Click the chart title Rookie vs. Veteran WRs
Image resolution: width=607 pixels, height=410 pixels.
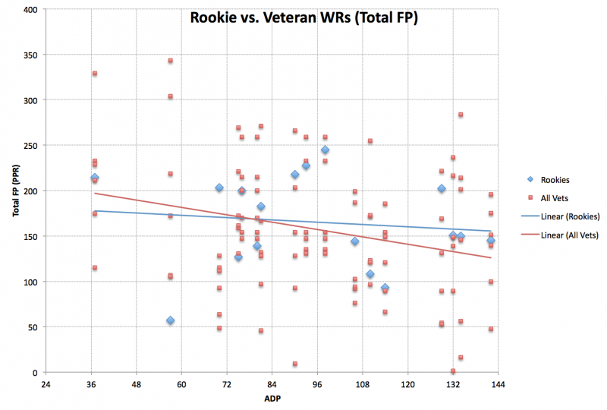click(x=303, y=17)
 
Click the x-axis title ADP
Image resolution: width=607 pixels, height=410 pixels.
click(x=271, y=399)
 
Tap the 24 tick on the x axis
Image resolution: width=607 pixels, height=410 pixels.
click(x=46, y=384)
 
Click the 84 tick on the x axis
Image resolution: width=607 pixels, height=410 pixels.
click(x=272, y=384)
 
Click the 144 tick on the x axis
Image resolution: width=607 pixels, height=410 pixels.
click(x=498, y=384)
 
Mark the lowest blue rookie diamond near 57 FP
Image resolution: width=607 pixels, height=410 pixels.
click(x=171, y=320)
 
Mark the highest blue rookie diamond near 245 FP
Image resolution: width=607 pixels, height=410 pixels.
click(x=325, y=150)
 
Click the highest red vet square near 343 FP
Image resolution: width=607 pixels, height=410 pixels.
click(x=171, y=61)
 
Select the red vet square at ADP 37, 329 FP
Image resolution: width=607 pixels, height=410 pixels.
click(x=95, y=74)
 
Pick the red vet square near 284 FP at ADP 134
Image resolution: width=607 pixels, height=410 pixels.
click(x=461, y=115)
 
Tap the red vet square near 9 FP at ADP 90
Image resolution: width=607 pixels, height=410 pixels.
click(x=294, y=364)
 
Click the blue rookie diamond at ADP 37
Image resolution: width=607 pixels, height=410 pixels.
click(x=95, y=178)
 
